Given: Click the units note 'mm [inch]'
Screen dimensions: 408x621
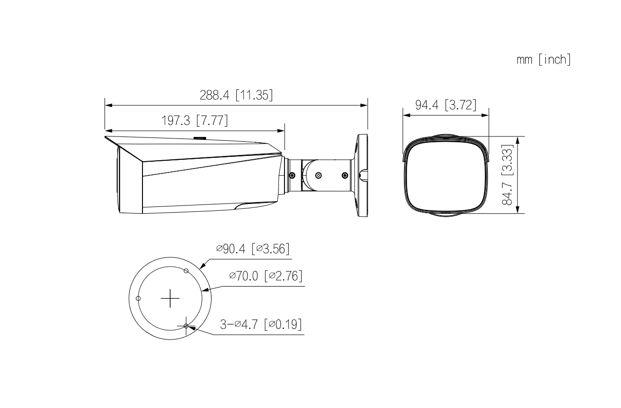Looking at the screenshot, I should click(543, 60).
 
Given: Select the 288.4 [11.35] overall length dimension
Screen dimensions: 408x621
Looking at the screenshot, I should click(236, 95).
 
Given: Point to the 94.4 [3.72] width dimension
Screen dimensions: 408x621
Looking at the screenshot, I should click(445, 105).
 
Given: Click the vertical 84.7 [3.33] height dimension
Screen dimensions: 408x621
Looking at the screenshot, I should click(509, 175).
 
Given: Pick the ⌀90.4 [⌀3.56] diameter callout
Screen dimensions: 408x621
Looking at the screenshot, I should click(253, 249).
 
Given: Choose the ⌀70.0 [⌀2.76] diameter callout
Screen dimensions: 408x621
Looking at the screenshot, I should click(266, 276).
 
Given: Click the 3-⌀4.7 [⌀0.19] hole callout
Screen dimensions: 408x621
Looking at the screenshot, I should click(260, 324).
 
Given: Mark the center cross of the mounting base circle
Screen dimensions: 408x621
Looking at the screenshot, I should click(170, 298).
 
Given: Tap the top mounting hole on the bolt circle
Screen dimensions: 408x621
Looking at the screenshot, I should click(185, 270).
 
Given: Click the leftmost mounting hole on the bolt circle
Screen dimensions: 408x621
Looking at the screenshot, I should click(139, 298).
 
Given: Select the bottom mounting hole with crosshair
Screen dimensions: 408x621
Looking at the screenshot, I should click(186, 326).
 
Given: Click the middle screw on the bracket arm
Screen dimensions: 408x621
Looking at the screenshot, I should click(318, 175).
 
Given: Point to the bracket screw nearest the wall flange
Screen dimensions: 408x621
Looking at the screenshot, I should click(345, 175).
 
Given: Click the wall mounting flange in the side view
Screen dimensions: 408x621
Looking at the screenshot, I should click(362, 175).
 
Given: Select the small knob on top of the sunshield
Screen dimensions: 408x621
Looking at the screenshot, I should click(200, 137).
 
